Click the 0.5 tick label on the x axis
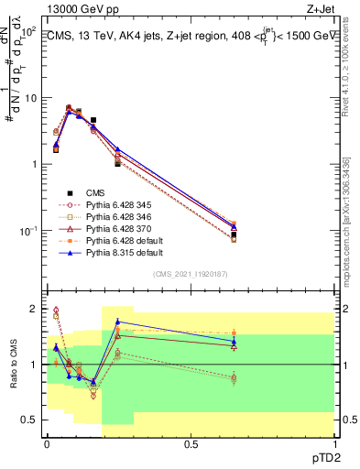(191, 442)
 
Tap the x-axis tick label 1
(333, 442)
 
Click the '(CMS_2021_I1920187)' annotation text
(191, 275)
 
